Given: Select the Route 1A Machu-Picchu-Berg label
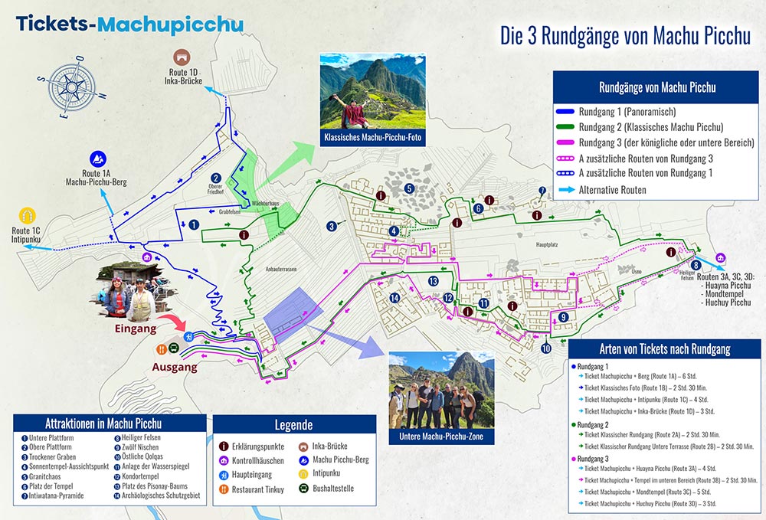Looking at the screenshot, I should click(x=98, y=178).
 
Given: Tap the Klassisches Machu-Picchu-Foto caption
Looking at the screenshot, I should click(x=372, y=139).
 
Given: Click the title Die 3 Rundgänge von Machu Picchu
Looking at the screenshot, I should click(x=624, y=36).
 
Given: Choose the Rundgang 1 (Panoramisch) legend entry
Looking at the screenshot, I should click(x=626, y=113).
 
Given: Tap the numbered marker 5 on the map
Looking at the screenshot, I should click(x=410, y=188).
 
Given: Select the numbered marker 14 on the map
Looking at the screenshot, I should click(x=394, y=298).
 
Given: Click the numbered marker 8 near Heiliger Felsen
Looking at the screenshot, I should click(x=696, y=265).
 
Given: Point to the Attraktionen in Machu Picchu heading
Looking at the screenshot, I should click(x=110, y=424).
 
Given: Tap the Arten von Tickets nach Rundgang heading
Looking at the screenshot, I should click(x=664, y=348).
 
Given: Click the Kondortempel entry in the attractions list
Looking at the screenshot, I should click(x=141, y=476).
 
